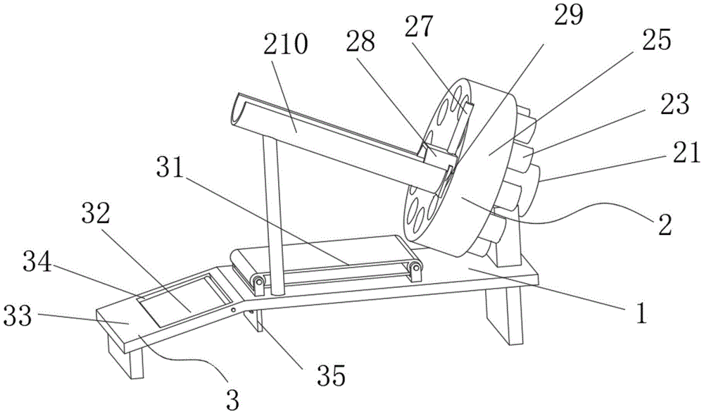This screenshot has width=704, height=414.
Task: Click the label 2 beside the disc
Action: coord(665,225)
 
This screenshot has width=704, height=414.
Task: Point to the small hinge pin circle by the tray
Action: coord(233,310)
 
